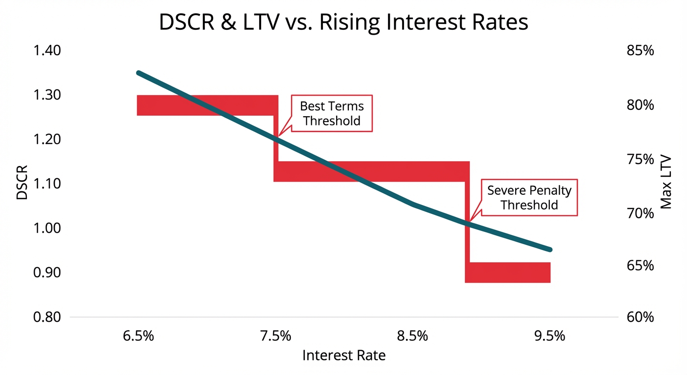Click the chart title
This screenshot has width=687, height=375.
coord(343,22)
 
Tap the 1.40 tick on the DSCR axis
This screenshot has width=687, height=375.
coord(47,51)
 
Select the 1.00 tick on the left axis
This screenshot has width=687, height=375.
coord(47,228)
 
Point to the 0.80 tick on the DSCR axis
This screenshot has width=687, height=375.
coord(47,317)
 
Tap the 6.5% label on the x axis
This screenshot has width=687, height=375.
coord(139,336)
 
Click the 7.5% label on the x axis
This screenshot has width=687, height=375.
coord(276,336)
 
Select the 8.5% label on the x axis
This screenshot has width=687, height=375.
coord(413,336)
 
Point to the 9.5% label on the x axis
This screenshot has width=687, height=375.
coord(550,336)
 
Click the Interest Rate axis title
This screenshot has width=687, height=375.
coord(343,355)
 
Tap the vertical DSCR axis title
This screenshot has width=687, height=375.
coord(22,183)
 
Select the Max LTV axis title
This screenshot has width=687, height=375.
coord(666,183)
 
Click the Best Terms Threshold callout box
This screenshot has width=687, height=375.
coord(332,113)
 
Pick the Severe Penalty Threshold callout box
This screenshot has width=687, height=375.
coord(529,198)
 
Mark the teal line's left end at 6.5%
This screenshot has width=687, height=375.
coord(139,73)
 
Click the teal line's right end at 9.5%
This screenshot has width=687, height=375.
coord(550,249)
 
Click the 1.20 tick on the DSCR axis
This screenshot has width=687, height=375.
coord(47,140)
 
